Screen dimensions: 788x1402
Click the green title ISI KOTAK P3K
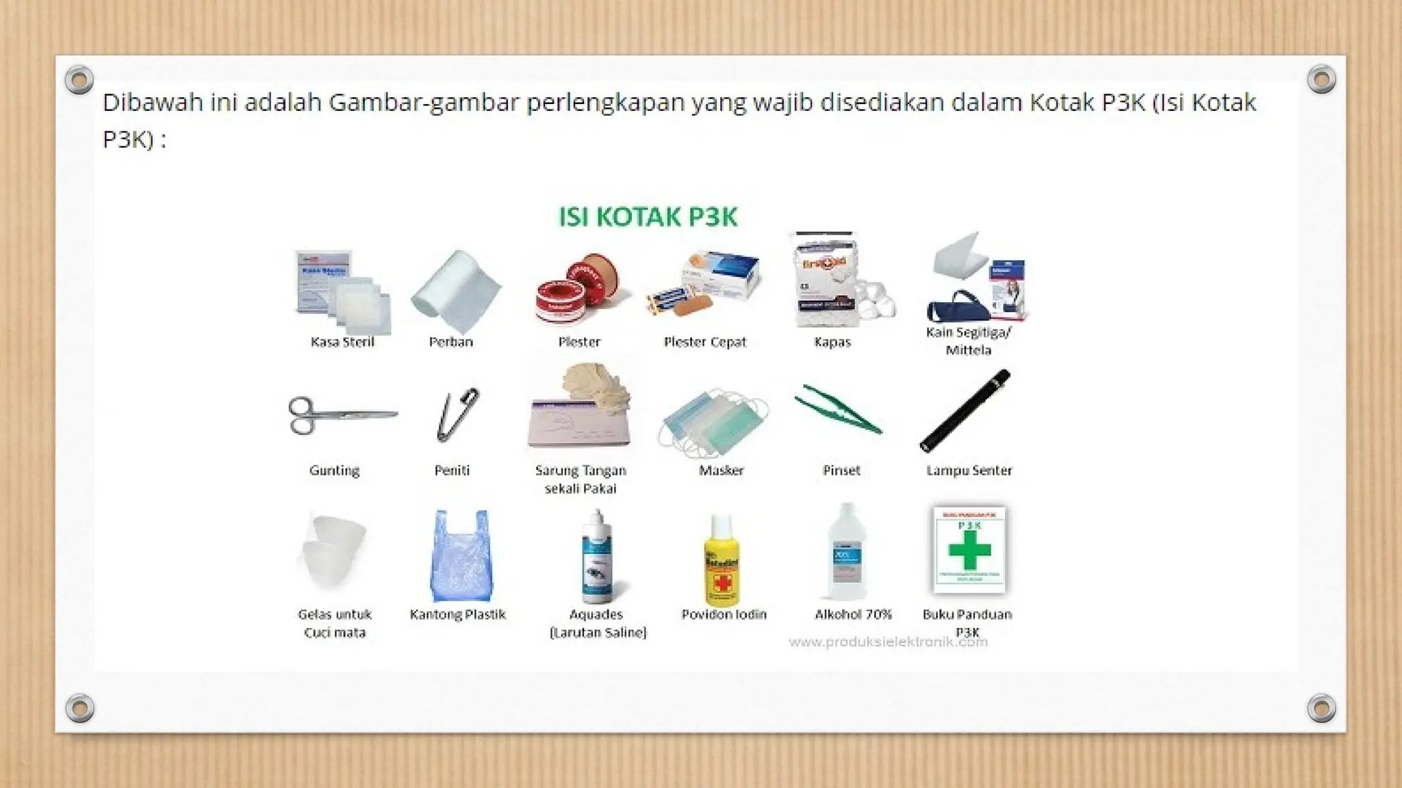[648, 217]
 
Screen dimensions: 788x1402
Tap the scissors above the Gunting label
[340, 415]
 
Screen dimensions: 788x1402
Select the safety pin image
[457, 415]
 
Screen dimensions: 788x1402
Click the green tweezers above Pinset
[838, 410]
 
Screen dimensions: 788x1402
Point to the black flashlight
[965, 410]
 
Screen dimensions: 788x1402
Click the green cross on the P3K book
[969, 550]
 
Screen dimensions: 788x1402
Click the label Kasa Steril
[342, 342]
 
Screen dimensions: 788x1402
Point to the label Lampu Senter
[969, 471]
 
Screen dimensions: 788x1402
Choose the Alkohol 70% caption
[853, 614]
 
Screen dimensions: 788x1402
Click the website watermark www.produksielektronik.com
[888, 642]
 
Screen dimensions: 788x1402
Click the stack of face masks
[714, 423]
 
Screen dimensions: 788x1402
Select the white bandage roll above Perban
[456, 290]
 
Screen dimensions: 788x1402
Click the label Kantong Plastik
[457, 614]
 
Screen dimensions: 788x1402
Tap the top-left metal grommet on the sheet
[79, 80]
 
